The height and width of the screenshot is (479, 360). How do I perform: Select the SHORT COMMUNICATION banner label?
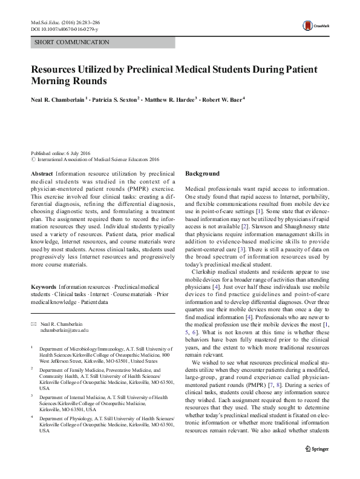pyautogui.click(x=72, y=42)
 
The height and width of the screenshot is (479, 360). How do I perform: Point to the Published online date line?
pyautogui.click(x=61, y=154)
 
